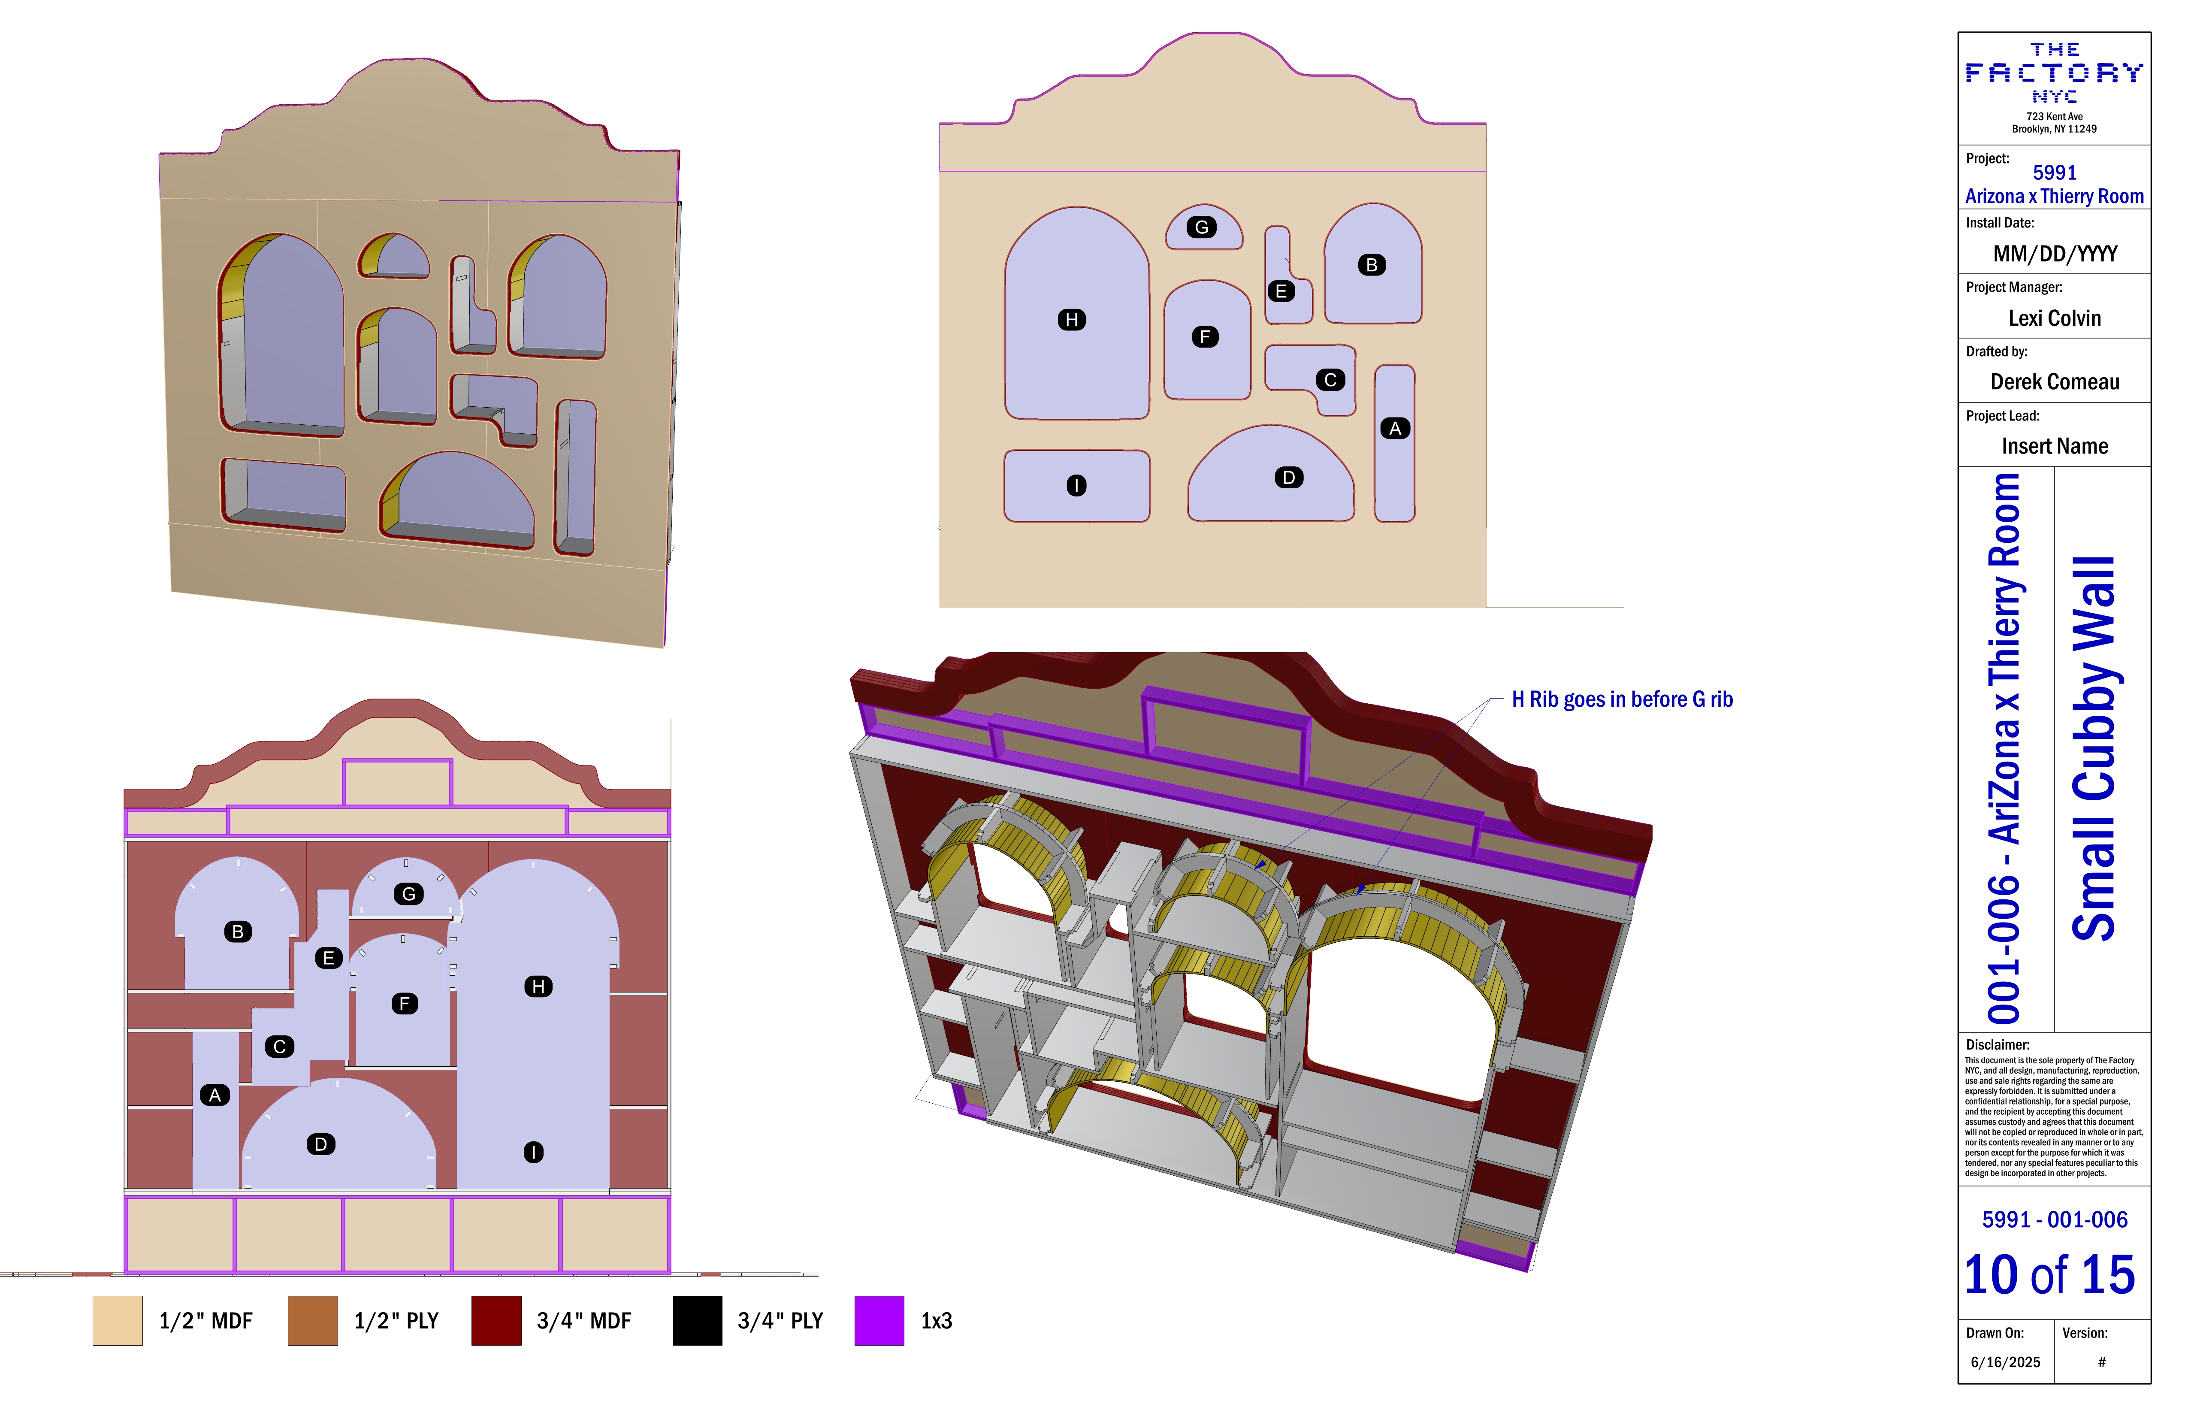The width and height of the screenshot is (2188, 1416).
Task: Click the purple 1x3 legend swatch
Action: [879, 1320]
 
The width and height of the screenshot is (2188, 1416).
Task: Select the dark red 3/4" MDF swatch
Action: [496, 1320]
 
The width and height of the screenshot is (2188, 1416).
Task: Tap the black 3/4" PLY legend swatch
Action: [697, 1320]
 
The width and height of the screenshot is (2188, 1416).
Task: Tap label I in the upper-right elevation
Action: [1076, 485]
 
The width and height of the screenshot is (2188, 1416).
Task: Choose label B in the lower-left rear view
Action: [238, 932]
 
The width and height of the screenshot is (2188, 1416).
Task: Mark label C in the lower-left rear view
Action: [279, 1047]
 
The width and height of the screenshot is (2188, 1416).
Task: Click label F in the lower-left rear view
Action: [405, 1003]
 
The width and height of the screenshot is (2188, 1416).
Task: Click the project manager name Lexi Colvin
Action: [2055, 318]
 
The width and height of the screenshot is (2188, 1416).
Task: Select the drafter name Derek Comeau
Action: [2055, 381]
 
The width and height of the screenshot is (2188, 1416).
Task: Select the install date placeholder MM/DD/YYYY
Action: [2055, 254]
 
